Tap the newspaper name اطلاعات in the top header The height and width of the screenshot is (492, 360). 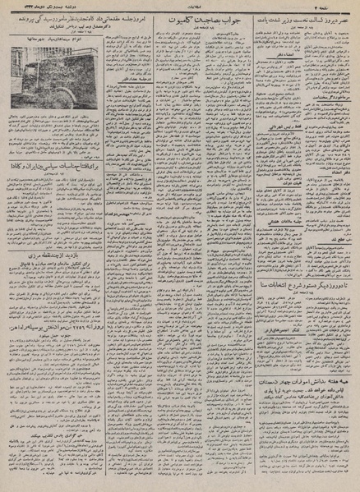click(x=180, y=8)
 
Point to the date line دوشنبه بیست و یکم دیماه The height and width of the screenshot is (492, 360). click(x=45, y=8)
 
